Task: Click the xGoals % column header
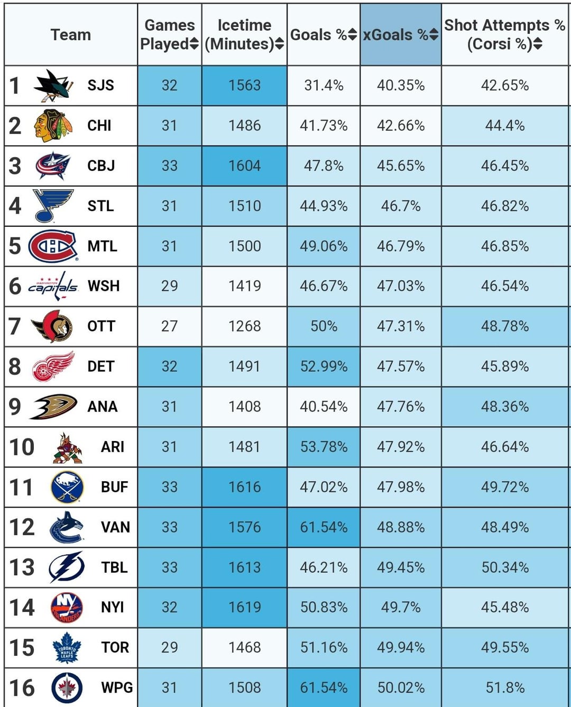(x=400, y=35)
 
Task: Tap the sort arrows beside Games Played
(x=194, y=44)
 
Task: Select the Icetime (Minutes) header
(x=244, y=34)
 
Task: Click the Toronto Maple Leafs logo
(x=67, y=647)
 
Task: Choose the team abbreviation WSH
(x=104, y=286)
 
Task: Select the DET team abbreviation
(x=101, y=366)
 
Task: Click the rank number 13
(x=22, y=567)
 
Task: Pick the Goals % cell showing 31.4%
(x=324, y=85)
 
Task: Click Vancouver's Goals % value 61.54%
(x=324, y=527)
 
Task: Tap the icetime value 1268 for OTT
(x=244, y=326)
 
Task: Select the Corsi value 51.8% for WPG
(x=505, y=687)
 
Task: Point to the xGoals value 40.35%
(x=401, y=85)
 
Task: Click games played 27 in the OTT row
(x=169, y=326)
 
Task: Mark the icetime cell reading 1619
(x=244, y=607)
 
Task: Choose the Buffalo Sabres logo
(x=67, y=487)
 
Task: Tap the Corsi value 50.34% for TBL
(x=505, y=567)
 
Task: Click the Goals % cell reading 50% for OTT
(x=324, y=326)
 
